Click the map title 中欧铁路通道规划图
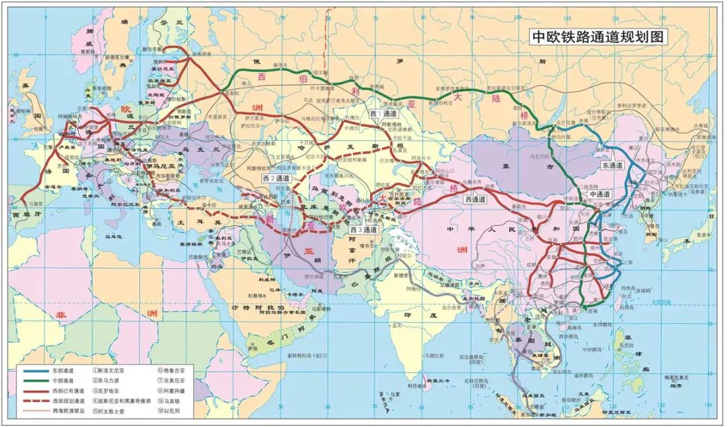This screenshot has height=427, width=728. click(597, 38)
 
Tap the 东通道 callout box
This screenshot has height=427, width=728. click(612, 164)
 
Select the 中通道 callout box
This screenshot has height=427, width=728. click(599, 194)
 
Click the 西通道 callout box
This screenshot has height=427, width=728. click(477, 199)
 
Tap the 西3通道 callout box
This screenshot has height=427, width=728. click(364, 230)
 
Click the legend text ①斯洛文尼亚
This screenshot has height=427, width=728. click(112, 370)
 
